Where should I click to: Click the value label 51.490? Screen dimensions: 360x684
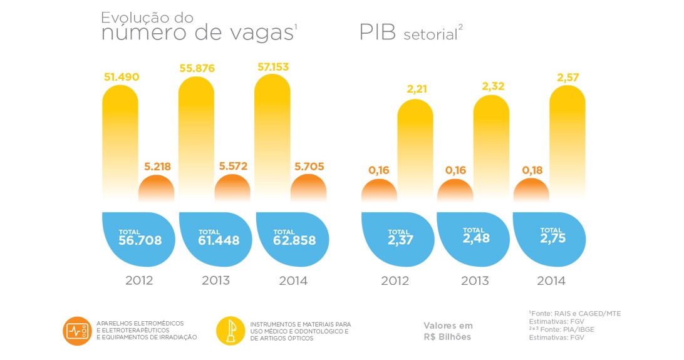pos(121,77)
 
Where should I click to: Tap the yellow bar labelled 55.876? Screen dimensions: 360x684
pos(196,138)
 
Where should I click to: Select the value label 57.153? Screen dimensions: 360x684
pos(272,66)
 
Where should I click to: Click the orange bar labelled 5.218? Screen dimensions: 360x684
pos(156,188)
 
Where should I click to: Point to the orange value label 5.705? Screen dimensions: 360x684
pos(308,167)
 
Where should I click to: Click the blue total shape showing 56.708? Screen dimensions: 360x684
pos(137,237)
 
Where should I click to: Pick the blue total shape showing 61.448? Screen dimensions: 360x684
pos(214,237)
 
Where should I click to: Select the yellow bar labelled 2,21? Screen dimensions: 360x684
pos(415,150)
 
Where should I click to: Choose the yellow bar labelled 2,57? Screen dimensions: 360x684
pos(567,144)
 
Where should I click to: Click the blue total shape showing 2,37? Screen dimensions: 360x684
pos(396,237)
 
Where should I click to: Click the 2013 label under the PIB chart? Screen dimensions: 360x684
pos(475,281)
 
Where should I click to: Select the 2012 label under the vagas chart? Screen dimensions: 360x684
pos(140,280)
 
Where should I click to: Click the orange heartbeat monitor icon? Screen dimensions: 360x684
pos(78,331)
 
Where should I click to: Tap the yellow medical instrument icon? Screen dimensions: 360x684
pos(231,331)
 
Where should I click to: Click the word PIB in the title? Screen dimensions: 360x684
pos(378,33)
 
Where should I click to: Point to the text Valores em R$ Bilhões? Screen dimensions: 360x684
pos(448,331)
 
